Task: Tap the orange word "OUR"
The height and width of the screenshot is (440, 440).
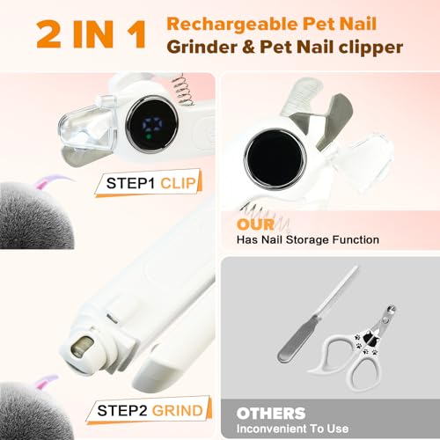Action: pos(253,224)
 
